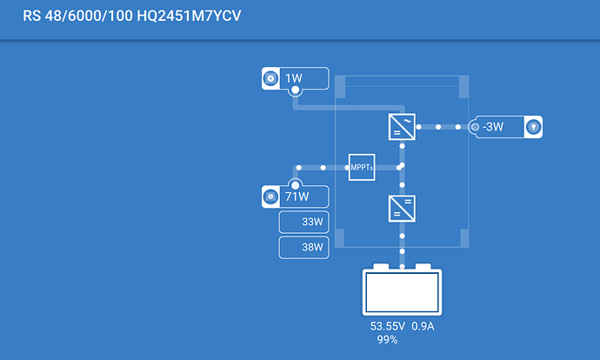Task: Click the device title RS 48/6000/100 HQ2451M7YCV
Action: pyautogui.click(x=131, y=16)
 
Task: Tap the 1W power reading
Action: pyautogui.click(x=294, y=78)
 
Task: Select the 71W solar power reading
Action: pyautogui.click(x=297, y=197)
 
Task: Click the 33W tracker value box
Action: pyautogui.click(x=303, y=222)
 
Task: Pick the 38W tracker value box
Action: pyautogui.click(x=303, y=248)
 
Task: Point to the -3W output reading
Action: pyautogui.click(x=493, y=127)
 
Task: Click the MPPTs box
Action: pyautogui.click(x=362, y=167)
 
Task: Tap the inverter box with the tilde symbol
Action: pyautogui.click(x=402, y=127)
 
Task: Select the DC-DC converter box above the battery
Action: pyautogui.click(x=402, y=209)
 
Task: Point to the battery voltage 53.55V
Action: pyautogui.click(x=387, y=326)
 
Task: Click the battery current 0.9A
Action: pyautogui.click(x=423, y=326)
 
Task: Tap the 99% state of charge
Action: pyautogui.click(x=387, y=339)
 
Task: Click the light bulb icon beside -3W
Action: pyautogui.click(x=533, y=127)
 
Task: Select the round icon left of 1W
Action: pyautogui.click(x=270, y=78)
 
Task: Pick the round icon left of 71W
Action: pyautogui.click(x=270, y=197)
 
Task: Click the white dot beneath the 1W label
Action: pyautogui.click(x=295, y=90)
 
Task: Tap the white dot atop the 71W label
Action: pyautogui.click(x=295, y=185)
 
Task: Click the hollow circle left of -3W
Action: pyautogui.click(x=475, y=127)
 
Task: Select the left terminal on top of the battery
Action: pyautogui.click(x=381, y=266)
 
